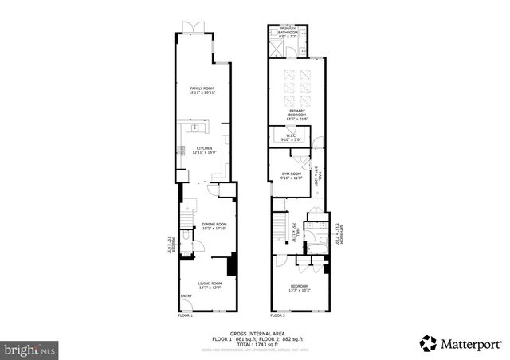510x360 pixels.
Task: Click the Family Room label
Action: (202, 90)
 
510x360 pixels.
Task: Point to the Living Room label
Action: (210, 285)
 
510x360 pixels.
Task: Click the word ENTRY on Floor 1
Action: (186, 297)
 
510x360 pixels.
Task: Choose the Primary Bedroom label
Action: (297, 113)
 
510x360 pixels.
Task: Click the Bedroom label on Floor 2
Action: (300, 288)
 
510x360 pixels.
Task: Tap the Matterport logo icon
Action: (430, 343)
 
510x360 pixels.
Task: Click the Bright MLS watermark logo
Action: (29, 350)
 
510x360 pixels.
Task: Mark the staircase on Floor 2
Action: (280, 228)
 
